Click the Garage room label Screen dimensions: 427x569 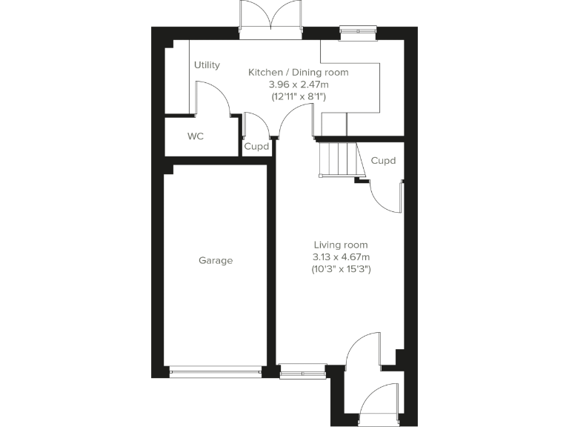216,260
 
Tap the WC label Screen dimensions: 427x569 196,136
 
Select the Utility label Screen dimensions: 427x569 207,65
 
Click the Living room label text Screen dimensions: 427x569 341,245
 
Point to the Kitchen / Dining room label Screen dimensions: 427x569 298,73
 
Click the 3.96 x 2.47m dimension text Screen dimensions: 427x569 298,85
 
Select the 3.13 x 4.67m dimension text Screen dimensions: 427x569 341,257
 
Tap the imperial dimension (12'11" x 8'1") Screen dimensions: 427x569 298,97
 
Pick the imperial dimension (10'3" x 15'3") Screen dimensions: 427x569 341,270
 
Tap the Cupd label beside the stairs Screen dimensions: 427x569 383,160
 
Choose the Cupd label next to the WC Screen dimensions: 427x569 256,147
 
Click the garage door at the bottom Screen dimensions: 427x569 216,370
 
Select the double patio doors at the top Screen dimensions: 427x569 270,19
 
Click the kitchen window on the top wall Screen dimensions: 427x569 358,30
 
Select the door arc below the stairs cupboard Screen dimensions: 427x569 386,196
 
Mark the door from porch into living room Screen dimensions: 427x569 366,349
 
